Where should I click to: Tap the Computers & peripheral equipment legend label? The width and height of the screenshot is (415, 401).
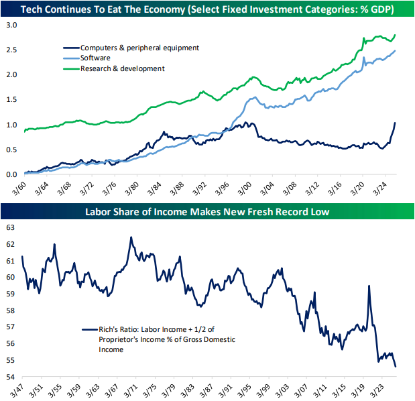pos(139,48)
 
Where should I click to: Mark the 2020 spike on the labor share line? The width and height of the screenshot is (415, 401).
pos(369,286)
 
